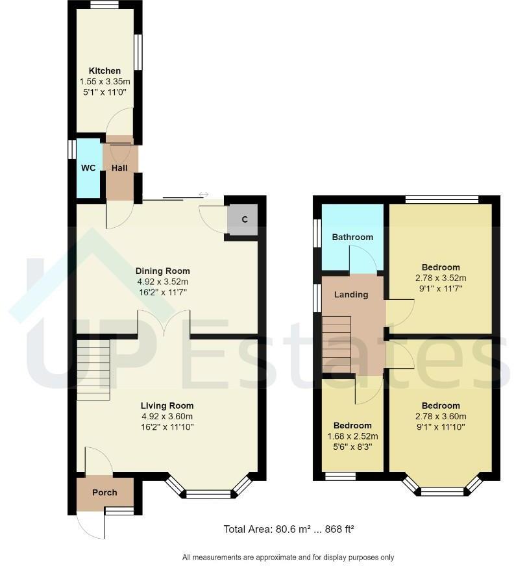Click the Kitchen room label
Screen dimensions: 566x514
(104, 71)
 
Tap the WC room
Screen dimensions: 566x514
(88, 168)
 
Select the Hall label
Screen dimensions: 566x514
(119, 168)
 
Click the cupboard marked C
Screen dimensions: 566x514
(244, 219)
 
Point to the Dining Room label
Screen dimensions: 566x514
(162, 271)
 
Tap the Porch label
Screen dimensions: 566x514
(104, 493)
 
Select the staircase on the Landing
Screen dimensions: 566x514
(337, 344)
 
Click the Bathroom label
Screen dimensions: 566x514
(352, 237)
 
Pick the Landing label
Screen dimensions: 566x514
(351, 295)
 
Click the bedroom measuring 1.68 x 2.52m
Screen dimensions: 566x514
(353, 435)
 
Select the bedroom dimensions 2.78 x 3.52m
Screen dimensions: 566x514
(440, 278)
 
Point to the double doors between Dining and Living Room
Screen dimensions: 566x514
(164, 324)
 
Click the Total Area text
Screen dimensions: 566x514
(288, 529)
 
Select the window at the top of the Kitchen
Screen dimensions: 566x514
(104, 5)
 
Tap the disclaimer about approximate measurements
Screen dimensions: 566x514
(288, 557)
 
